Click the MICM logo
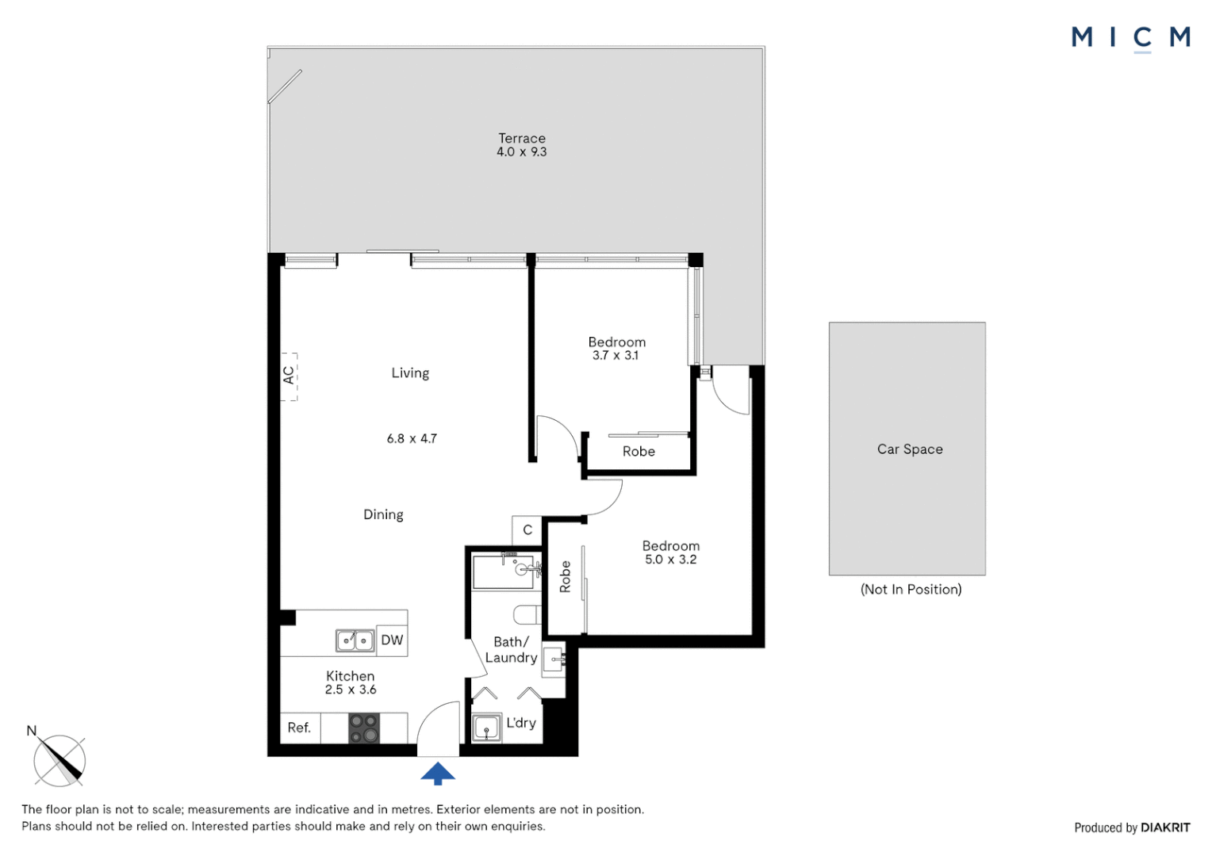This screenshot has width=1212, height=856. pyautogui.click(x=1130, y=37)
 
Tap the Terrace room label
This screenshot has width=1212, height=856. pyautogui.click(x=521, y=138)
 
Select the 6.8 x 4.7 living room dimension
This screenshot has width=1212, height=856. pyautogui.click(x=412, y=438)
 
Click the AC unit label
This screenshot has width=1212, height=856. pyautogui.click(x=289, y=376)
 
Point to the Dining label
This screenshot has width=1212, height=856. pyautogui.click(x=383, y=514)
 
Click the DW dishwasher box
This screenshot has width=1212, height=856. pyautogui.click(x=392, y=640)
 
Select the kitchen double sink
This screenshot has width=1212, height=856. pyautogui.click(x=355, y=640)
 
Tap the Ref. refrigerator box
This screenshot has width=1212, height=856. pyautogui.click(x=300, y=728)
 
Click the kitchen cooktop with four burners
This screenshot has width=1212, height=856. pyautogui.click(x=364, y=728)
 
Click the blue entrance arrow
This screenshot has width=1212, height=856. pyautogui.click(x=438, y=774)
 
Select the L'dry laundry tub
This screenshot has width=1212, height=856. pyautogui.click(x=486, y=728)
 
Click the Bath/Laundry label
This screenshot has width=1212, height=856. pyautogui.click(x=511, y=650)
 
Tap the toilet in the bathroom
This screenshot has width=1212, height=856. pyautogui.click(x=527, y=614)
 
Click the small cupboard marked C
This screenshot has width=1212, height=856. pyautogui.click(x=527, y=529)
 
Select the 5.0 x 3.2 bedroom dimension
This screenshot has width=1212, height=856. pyautogui.click(x=670, y=560)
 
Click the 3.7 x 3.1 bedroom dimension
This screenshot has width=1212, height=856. pyautogui.click(x=615, y=356)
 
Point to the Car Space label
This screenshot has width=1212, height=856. pyautogui.click(x=910, y=449)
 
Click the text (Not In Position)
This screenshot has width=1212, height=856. pyautogui.click(x=911, y=589)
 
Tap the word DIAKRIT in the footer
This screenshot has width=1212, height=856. pyautogui.click(x=1165, y=827)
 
